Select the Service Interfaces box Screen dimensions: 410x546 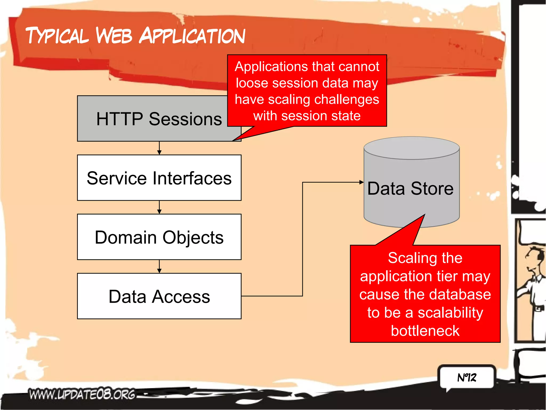pyautogui.click(x=159, y=178)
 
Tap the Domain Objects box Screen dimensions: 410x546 pyautogui.click(x=159, y=237)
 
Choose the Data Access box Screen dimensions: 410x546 pyautogui.click(x=159, y=296)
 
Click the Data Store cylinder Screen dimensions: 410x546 pyautogui.click(x=411, y=187)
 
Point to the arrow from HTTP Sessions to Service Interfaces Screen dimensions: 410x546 pyautogui.click(x=159, y=148)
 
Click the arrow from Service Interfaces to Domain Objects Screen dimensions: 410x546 pyautogui.click(x=159, y=207)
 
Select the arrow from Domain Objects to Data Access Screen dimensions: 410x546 pyautogui.click(x=159, y=266)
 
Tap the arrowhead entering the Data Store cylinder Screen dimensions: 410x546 pyautogui.click(x=361, y=182)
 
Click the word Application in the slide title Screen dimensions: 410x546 pyautogui.click(x=192, y=36)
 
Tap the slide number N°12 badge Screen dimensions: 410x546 pyautogui.click(x=467, y=377)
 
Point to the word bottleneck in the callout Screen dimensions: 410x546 pyautogui.click(x=425, y=331)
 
